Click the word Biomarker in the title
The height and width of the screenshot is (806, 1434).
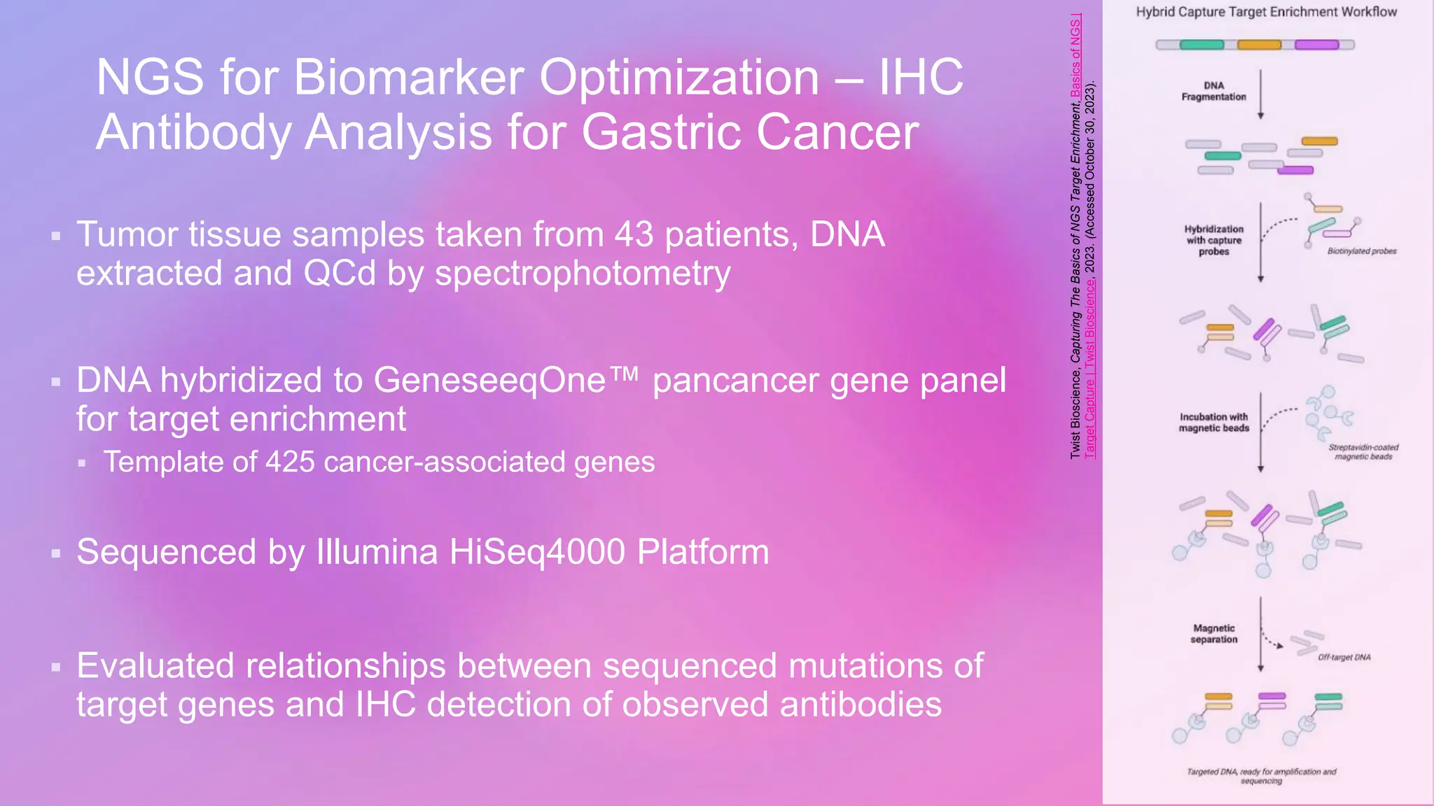pyautogui.click(x=408, y=77)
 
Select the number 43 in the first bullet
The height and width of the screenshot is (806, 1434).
pyautogui.click(x=634, y=234)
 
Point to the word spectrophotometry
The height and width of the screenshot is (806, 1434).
pyautogui.click(x=583, y=274)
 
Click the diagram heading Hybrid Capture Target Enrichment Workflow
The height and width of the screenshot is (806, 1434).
pyautogui.click(x=1266, y=12)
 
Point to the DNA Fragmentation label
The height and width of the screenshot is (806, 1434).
pyautogui.click(x=1213, y=92)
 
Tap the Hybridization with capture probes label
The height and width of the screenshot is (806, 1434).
pyautogui.click(x=1213, y=240)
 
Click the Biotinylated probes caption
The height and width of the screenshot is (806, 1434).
pyautogui.click(x=1361, y=251)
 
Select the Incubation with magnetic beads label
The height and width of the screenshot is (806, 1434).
pyautogui.click(x=1213, y=423)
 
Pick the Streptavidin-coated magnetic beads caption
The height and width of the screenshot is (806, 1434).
pyautogui.click(x=1363, y=452)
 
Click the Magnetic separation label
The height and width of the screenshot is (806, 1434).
pyautogui.click(x=1213, y=634)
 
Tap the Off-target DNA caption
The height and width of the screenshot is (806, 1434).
pyautogui.click(x=1344, y=658)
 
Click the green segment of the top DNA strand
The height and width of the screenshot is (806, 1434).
pyautogui.click(x=1202, y=45)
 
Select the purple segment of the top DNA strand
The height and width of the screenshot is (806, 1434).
pyautogui.click(x=1316, y=45)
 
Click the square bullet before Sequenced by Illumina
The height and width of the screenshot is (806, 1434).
pyautogui.click(x=56, y=554)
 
